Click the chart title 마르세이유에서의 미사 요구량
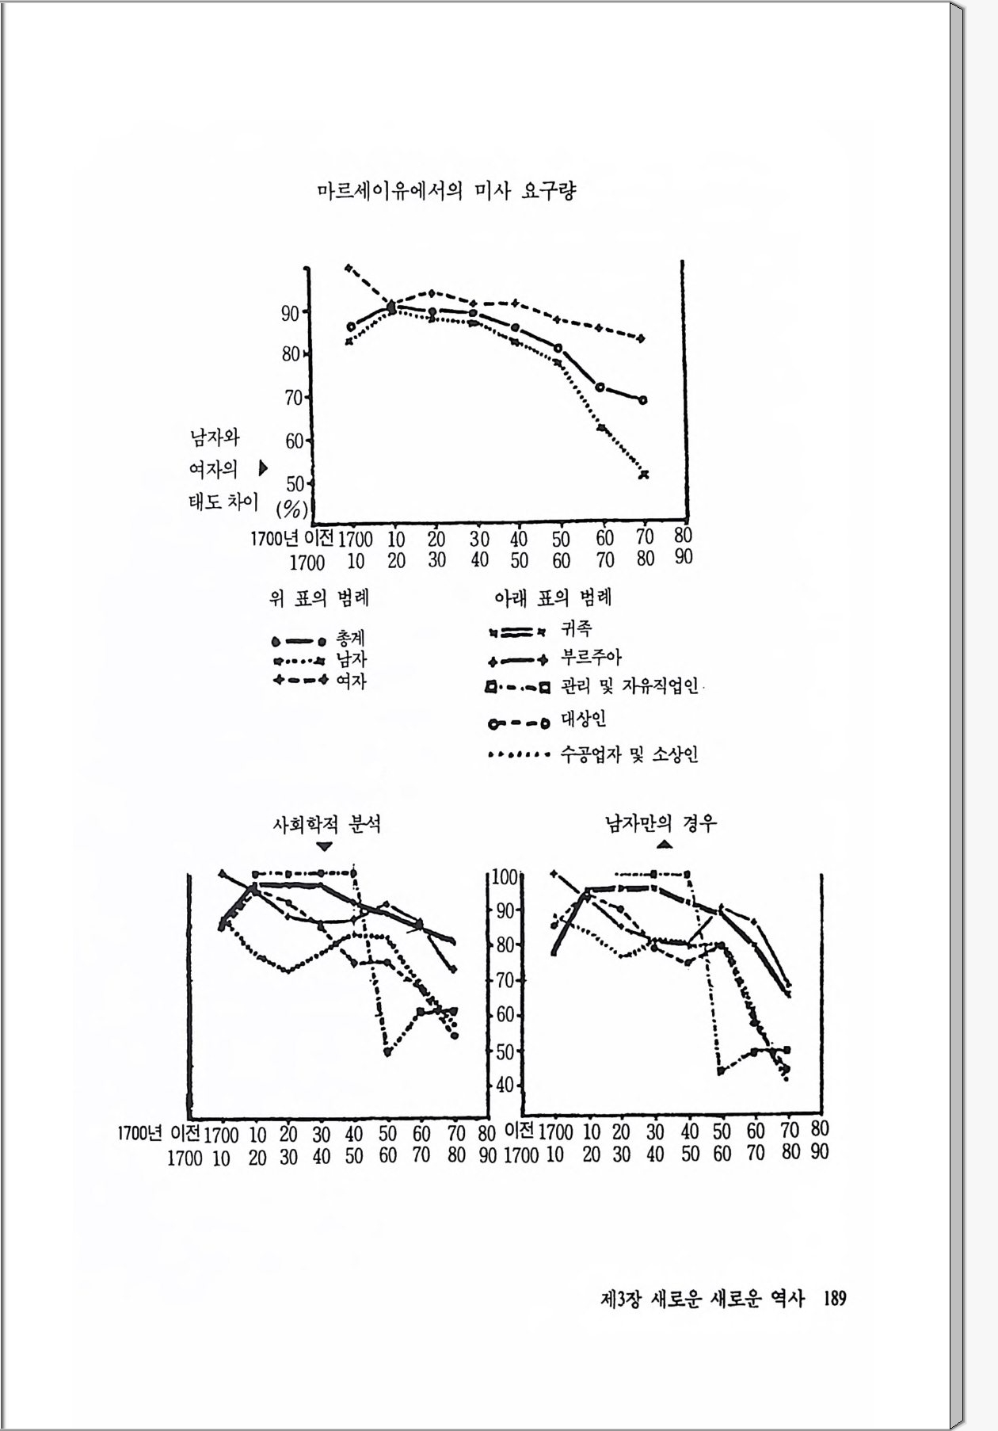pyautogui.click(x=446, y=192)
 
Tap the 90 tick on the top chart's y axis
pyautogui.click(x=290, y=313)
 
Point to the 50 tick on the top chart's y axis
pyautogui.click(x=295, y=483)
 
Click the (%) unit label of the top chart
pyautogui.click(x=291, y=507)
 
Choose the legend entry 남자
pyautogui.click(x=351, y=659)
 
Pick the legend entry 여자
pyautogui.click(x=351, y=680)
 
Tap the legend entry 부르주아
pyautogui.click(x=591, y=657)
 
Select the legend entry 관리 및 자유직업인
pyautogui.click(x=630, y=686)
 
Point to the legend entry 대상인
pyautogui.click(x=584, y=719)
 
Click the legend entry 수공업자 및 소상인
pyautogui.click(x=630, y=754)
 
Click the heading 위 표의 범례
pyautogui.click(x=319, y=598)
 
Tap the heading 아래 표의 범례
pyautogui.click(x=553, y=597)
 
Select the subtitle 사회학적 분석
pyautogui.click(x=326, y=824)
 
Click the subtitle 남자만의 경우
pyautogui.click(x=661, y=823)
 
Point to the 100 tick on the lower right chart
pyautogui.click(x=504, y=876)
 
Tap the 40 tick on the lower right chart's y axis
pyautogui.click(x=505, y=1086)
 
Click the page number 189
pyautogui.click(x=835, y=1299)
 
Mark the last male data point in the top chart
pyautogui.click(x=644, y=474)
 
